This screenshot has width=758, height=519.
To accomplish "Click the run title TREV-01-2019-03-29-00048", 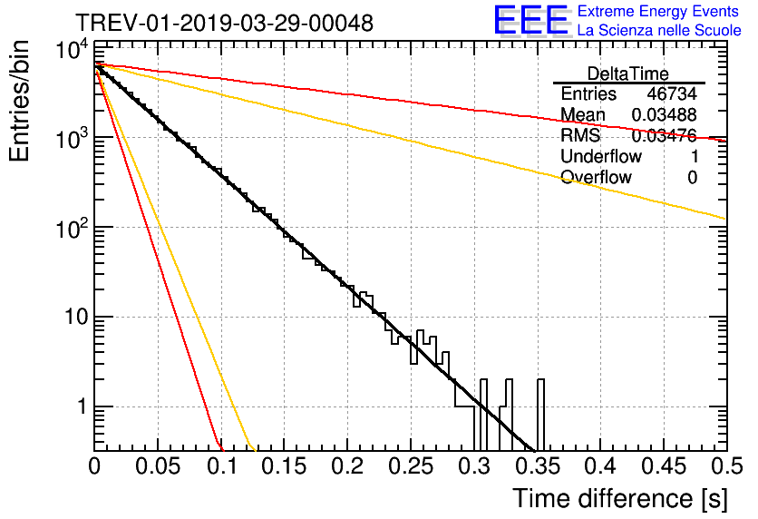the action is point(225,23).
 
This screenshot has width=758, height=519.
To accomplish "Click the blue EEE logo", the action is point(530,20).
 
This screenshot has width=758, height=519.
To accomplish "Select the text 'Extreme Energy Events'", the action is point(658,11).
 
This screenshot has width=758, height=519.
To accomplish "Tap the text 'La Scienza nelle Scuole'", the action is point(659,30).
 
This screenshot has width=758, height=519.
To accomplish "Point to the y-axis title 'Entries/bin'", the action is point(19,102).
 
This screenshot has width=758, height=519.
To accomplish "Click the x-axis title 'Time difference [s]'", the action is point(620,498).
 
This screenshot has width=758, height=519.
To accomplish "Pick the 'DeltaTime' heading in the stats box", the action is point(628,73).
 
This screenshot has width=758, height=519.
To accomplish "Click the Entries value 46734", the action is point(672,93).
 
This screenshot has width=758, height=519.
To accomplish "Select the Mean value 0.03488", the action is point(665,114).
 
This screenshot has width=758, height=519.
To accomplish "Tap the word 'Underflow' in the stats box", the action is point(601,156).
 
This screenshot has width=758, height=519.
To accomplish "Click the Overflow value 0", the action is point(692,178).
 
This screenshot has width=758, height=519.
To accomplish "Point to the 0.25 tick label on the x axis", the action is point(411,466).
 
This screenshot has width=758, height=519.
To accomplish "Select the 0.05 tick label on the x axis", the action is point(158,466).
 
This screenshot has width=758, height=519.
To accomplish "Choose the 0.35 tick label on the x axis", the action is point(538,466).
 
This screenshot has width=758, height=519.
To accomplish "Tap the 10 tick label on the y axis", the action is point(76,318).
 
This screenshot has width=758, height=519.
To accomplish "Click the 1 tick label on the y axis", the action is point(82,406).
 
